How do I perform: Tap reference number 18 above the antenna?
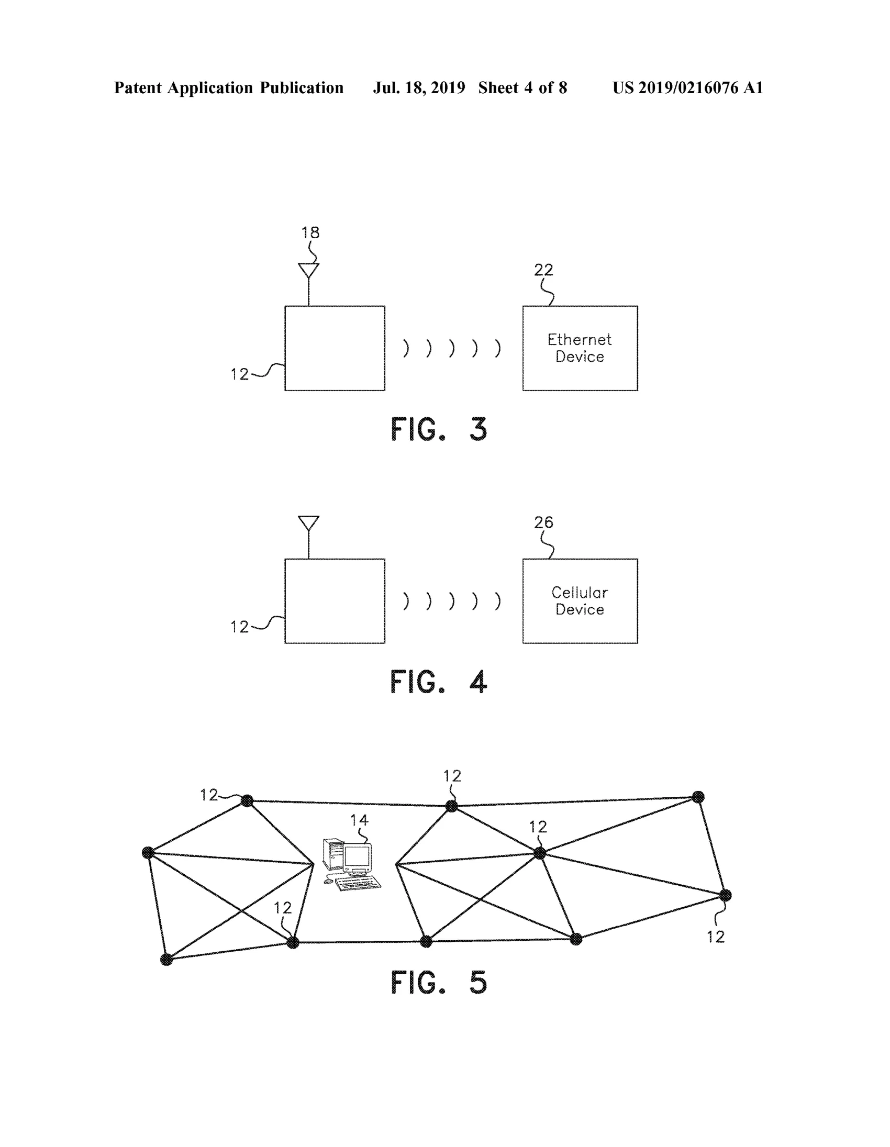(x=310, y=232)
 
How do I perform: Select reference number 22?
(x=543, y=270)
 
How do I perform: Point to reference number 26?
(x=543, y=522)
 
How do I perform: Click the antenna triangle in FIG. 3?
(x=309, y=270)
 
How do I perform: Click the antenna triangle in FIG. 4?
(x=309, y=522)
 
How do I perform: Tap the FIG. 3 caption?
(x=439, y=429)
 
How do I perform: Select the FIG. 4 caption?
(x=439, y=682)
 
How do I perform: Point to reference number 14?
(x=359, y=820)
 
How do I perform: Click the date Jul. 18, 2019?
(x=419, y=88)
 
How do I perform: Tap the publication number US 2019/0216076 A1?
(x=688, y=88)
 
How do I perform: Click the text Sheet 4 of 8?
(x=522, y=88)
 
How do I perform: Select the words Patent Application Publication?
(x=228, y=88)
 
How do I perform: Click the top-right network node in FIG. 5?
(x=698, y=797)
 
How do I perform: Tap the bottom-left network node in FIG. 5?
(x=166, y=960)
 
